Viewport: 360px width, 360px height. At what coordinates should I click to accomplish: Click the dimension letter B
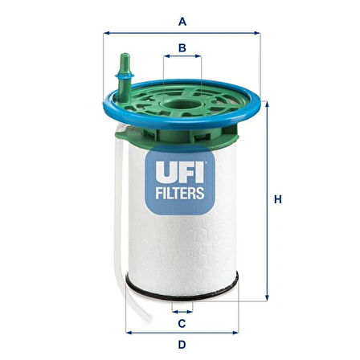182,47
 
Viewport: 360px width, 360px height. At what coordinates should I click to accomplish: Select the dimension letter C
182,324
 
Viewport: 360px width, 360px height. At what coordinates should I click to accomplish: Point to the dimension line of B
182,59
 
